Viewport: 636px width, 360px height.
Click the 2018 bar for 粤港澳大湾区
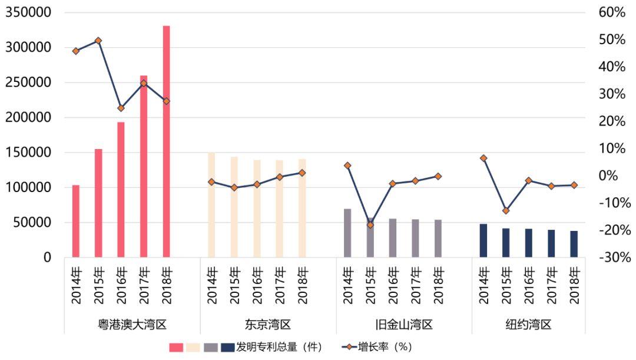click(166, 141)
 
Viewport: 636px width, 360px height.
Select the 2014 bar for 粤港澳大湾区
click(76, 221)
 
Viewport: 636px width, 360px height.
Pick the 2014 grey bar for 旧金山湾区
click(347, 233)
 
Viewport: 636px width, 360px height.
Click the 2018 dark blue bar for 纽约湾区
click(574, 244)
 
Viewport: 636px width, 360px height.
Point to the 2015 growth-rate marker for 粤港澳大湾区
click(98, 41)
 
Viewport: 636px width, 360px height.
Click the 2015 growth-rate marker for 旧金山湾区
click(370, 225)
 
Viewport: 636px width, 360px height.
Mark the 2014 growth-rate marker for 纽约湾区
click(483, 158)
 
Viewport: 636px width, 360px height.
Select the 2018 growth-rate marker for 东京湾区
click(302, 173)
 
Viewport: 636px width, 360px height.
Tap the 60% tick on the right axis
click(612, 12)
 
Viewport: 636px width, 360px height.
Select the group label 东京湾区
click(268, 324)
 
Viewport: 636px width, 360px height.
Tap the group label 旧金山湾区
click(404, 324)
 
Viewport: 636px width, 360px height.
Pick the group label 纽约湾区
click(528, 324)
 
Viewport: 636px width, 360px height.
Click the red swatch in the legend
click(176, 347)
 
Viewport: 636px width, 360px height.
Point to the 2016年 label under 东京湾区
click(257, 286)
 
